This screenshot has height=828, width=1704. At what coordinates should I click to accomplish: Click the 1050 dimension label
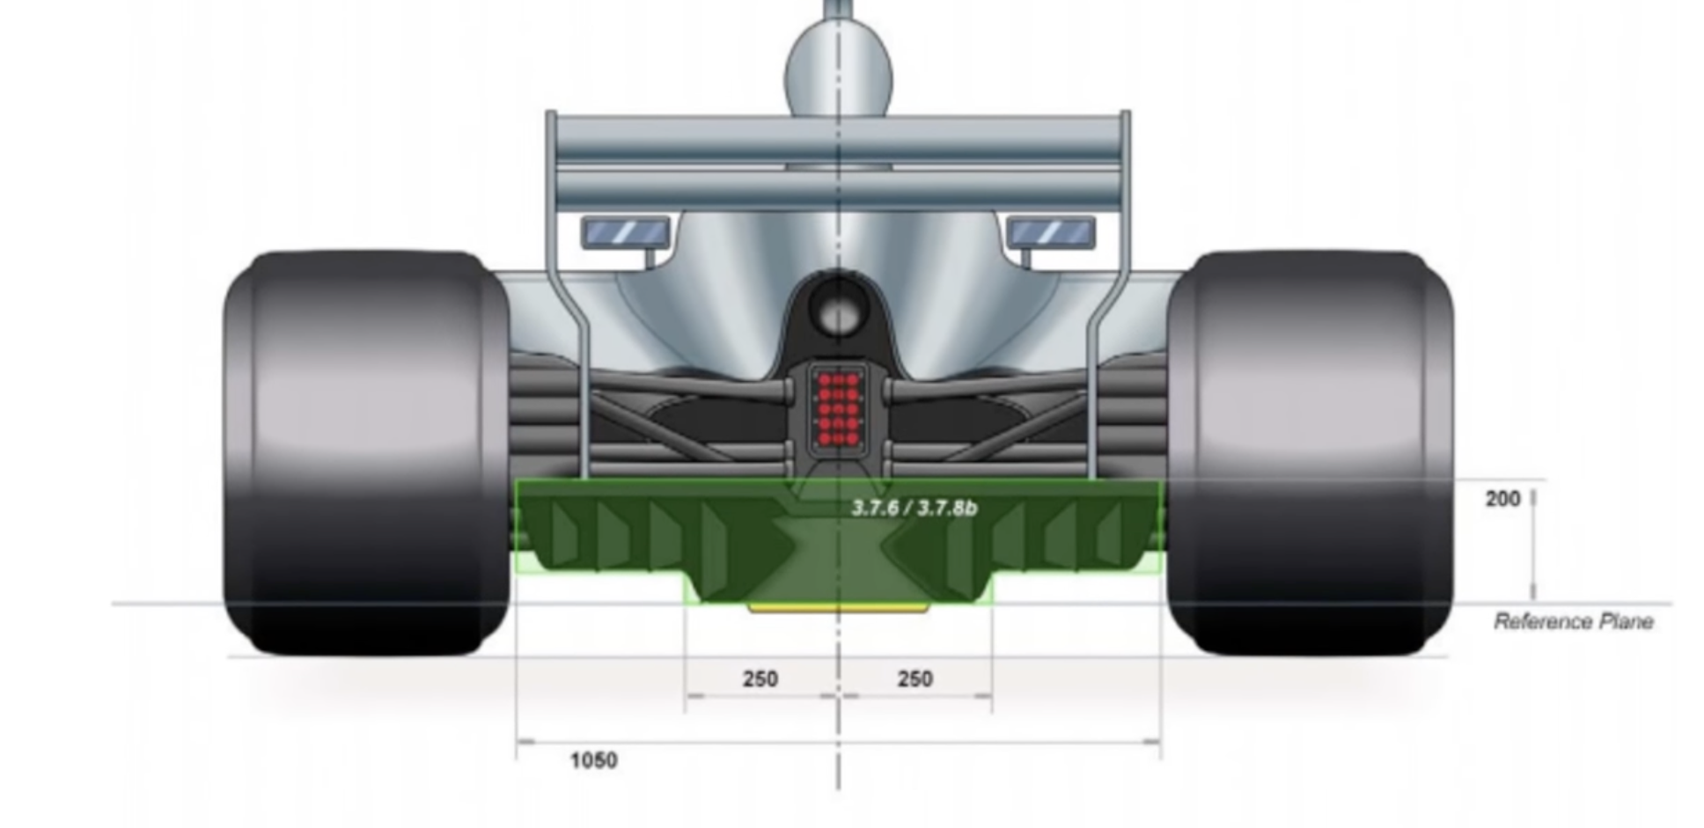click(593, 760)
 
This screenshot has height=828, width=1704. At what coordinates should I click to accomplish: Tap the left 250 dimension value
click(760, 679)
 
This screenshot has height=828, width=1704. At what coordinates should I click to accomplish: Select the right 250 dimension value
click(914, 679)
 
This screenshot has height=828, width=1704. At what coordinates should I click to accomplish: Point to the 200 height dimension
click(1502, 499)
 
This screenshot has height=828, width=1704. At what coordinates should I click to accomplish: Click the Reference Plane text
click(1573, 622)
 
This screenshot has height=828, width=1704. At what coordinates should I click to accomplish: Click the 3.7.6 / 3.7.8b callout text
click(914, 508)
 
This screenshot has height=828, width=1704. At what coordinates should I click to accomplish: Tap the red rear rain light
click(838, 407)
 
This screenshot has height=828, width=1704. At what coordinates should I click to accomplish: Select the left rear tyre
click(366, 453)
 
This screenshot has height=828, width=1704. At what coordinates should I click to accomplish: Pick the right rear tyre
click(1310, 453)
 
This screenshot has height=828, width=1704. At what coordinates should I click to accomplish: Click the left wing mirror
click(626, 232)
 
